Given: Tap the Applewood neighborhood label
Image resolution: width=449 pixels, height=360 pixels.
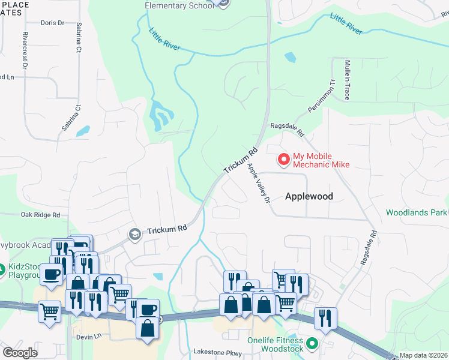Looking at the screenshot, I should (x=309, y=196).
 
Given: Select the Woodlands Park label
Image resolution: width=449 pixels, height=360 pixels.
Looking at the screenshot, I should (x=417, y=212).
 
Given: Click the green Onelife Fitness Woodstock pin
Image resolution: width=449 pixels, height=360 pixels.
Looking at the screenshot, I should (x=312, y=344).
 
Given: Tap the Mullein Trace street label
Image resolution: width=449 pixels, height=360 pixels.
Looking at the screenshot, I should (x=347, y=80).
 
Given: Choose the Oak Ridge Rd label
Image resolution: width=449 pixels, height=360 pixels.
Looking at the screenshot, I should (x=40, y=215).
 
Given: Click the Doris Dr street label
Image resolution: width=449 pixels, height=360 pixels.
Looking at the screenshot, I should (x=52, y=23).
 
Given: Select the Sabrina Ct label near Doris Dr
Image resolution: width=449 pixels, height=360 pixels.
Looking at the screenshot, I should (x=79, y=38).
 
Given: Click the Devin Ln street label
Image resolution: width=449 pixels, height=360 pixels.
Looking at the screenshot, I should (x=89, y=337).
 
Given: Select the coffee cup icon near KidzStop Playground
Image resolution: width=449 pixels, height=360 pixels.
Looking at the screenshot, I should (x=52, y=274).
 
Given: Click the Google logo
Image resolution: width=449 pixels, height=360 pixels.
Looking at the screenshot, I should (x=20, y=353).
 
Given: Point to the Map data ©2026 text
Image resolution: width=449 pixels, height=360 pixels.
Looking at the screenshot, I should (x=422, y=355).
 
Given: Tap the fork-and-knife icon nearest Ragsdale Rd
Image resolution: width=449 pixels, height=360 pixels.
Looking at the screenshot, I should (x=325, y=318).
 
